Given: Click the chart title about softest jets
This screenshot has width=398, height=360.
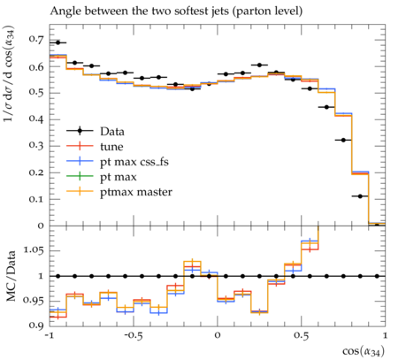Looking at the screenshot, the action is click(x=176, y=11).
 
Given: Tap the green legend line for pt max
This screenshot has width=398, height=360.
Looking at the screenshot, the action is click(x=80, y=177).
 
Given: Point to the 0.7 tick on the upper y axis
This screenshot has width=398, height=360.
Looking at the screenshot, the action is click(x=36, y=39).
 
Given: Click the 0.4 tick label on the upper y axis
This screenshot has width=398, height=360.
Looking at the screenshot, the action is click(x=36, y=119).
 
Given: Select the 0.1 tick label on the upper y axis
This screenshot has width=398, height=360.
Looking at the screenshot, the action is click(x=36, y=199).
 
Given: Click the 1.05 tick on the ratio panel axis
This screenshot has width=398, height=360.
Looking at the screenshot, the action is click(x=34, y=250).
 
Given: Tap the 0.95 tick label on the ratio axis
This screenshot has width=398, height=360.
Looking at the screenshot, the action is click(x=34, y=301).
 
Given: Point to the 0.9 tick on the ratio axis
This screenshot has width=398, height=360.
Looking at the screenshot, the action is click(x=36, y=326).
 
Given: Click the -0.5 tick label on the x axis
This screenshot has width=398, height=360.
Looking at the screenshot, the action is click(x=134, y=335).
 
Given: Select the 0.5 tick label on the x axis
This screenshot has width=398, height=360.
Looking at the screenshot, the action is click(x=302, y=335).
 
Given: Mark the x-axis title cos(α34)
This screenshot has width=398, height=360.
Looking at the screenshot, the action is click(x=364, y=351).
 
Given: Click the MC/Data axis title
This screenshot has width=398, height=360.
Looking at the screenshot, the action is click(x=11, y=276).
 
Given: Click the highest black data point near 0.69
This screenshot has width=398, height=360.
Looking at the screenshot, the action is click(x=57, y=42).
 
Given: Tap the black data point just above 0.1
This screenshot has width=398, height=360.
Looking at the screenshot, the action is click(x=360, y=196).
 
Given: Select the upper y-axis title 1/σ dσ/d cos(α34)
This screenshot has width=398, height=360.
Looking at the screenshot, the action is click(x=10, y=73).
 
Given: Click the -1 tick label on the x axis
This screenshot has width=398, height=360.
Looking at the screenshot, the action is click(x=50, y=335).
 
